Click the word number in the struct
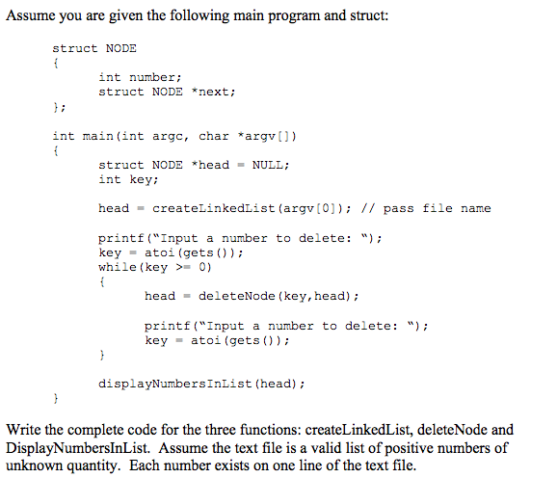(151, 77)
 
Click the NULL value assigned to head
(269, 165)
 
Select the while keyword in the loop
(117, 267)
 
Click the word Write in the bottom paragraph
(24, 429)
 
